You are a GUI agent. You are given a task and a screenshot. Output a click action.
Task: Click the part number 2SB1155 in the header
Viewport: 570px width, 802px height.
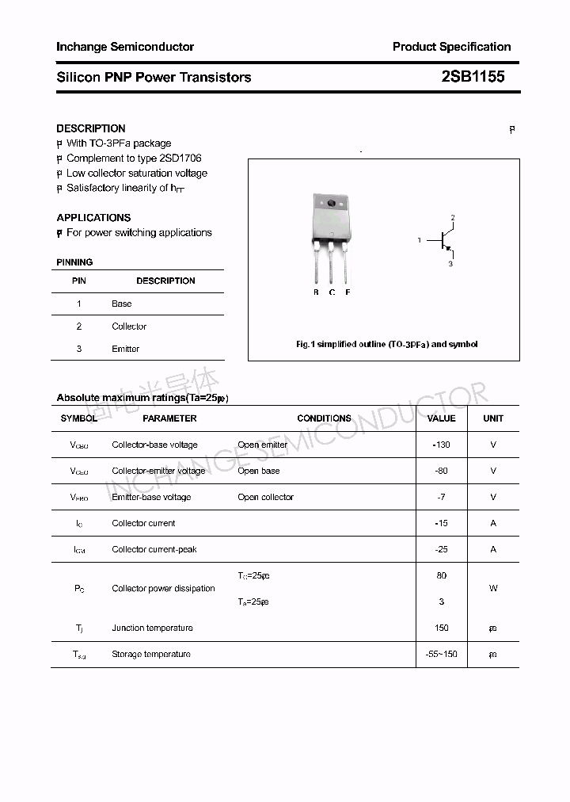(473, 77)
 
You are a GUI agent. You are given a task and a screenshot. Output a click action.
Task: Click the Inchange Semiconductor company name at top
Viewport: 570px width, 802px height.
(125, 47)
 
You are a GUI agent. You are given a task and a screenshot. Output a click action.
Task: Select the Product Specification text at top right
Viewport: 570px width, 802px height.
(451, 47)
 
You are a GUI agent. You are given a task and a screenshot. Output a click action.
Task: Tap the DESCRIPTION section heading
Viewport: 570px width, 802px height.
(91, 128)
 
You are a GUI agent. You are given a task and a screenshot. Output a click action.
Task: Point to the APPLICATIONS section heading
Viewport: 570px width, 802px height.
(93, 217)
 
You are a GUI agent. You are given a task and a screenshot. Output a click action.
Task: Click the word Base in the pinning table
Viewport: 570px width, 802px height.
(121, 304)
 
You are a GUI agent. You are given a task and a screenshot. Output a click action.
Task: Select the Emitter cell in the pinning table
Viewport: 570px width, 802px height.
(125, 349)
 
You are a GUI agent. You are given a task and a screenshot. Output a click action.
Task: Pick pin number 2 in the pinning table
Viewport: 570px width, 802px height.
(79, 327)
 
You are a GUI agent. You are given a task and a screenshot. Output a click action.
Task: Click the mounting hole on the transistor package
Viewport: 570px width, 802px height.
(331, 204)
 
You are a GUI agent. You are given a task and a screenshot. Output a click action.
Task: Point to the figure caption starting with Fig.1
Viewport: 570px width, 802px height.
(386, 345)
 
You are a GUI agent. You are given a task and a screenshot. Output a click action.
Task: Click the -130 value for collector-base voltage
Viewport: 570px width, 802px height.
(441, 445)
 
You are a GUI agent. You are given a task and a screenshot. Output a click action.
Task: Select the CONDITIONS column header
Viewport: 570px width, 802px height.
(324, 418)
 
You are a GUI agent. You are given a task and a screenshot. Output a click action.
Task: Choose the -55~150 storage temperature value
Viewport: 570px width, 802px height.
(441, 654)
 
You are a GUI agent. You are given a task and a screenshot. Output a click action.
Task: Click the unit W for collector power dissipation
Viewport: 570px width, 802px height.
(493, 589)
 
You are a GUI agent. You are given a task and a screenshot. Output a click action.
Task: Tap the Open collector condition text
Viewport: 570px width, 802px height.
(265, 497)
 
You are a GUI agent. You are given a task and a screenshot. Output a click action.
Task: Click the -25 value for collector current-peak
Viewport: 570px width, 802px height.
(441, 549)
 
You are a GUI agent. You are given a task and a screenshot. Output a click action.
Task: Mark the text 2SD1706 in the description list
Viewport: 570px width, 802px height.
(184, 158)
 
